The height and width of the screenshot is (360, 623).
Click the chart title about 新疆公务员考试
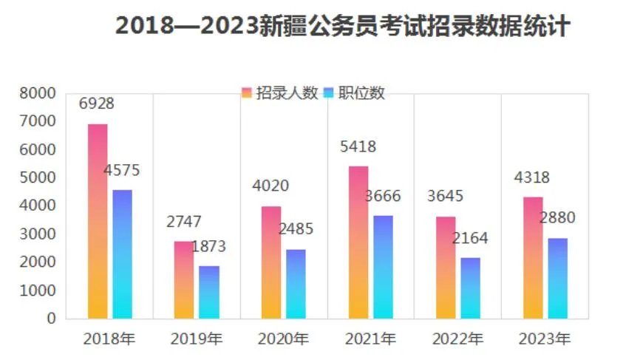[x=343, y=26]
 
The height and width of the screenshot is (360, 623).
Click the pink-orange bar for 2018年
[x=98, y=221]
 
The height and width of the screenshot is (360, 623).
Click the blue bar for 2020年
[x=296, y=284]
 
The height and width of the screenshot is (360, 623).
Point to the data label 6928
[x=97, y=104]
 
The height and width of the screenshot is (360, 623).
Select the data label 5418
[x=358, y=147]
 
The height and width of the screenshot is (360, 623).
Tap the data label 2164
[x=470, y=239]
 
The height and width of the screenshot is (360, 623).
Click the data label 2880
[x=557, y=218]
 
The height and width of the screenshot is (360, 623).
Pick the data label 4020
[x=271, y=186]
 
